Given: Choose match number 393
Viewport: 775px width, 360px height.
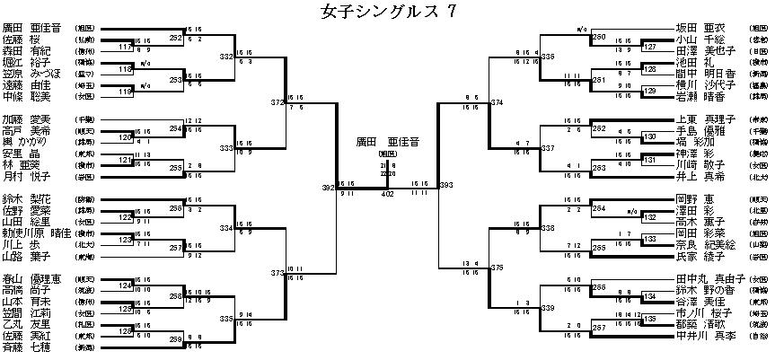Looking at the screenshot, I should (445, 185).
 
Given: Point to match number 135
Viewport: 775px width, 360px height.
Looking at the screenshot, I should (650, 319).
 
